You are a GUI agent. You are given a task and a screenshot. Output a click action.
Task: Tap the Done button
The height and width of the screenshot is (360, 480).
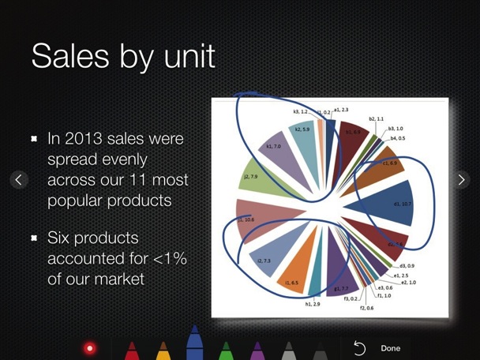point(390,348)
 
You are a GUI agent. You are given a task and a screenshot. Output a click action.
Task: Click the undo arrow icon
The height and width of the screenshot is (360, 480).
point(359,348)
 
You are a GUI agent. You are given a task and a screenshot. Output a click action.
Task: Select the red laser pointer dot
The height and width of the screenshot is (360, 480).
point(90,348)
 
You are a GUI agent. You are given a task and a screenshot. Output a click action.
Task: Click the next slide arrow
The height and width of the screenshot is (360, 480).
point(462,180)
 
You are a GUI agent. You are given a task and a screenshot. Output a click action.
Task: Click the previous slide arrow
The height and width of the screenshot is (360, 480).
point(18,180)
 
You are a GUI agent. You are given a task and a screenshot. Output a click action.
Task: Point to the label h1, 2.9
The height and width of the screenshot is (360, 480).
point(313,303)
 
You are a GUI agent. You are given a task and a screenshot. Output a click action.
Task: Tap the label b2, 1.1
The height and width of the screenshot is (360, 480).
point(376,118)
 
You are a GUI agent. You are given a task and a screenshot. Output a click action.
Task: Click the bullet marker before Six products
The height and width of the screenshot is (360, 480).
point(35,237)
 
